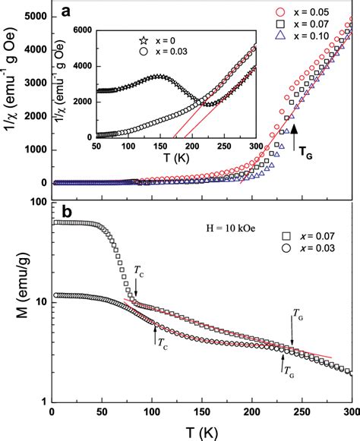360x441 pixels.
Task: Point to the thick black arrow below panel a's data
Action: point(295,138)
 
